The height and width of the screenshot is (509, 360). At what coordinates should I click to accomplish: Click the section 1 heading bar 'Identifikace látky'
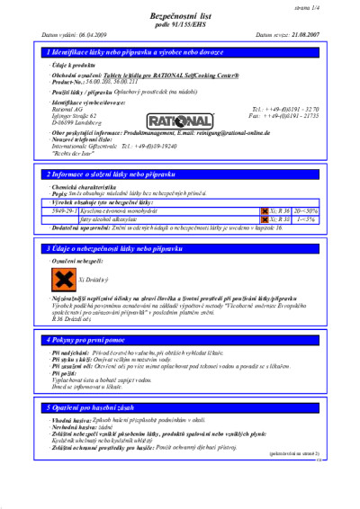tap(180, 54)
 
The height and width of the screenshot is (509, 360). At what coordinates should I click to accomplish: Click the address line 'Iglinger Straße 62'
tap(77, 116)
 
